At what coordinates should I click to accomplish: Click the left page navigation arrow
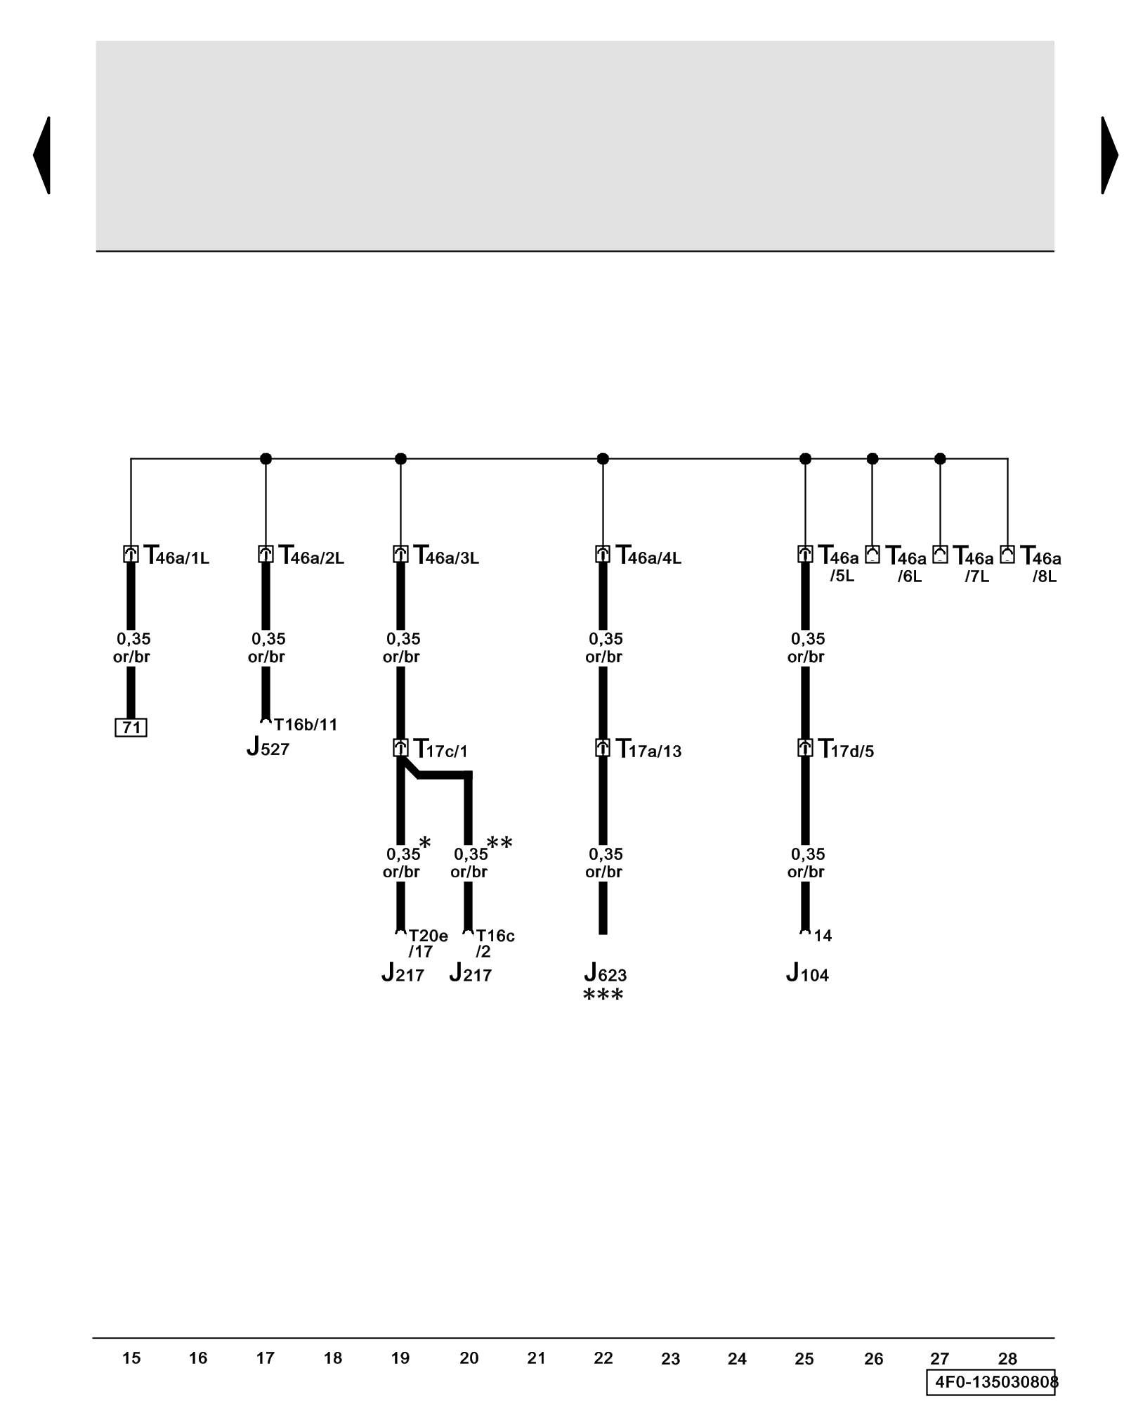42,155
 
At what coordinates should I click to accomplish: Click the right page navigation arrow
1108,155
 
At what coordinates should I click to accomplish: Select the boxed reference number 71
131,727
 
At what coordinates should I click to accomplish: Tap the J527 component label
268,747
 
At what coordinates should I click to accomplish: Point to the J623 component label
605,974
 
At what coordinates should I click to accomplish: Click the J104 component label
807,974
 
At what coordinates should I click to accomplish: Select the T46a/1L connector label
176,556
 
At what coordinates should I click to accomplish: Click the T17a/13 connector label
648,749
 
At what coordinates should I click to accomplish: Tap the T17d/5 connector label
847,749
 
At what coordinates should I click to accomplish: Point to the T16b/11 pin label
306,725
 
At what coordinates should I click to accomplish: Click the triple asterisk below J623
603,995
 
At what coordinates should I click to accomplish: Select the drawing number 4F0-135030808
991,1382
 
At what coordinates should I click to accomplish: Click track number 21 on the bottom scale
536,1358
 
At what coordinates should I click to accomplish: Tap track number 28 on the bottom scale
1007,1358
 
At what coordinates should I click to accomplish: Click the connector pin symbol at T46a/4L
603,554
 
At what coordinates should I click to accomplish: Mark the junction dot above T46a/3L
400,459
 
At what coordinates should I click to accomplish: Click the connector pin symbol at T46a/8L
1007,554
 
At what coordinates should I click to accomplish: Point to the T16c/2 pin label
495,943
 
